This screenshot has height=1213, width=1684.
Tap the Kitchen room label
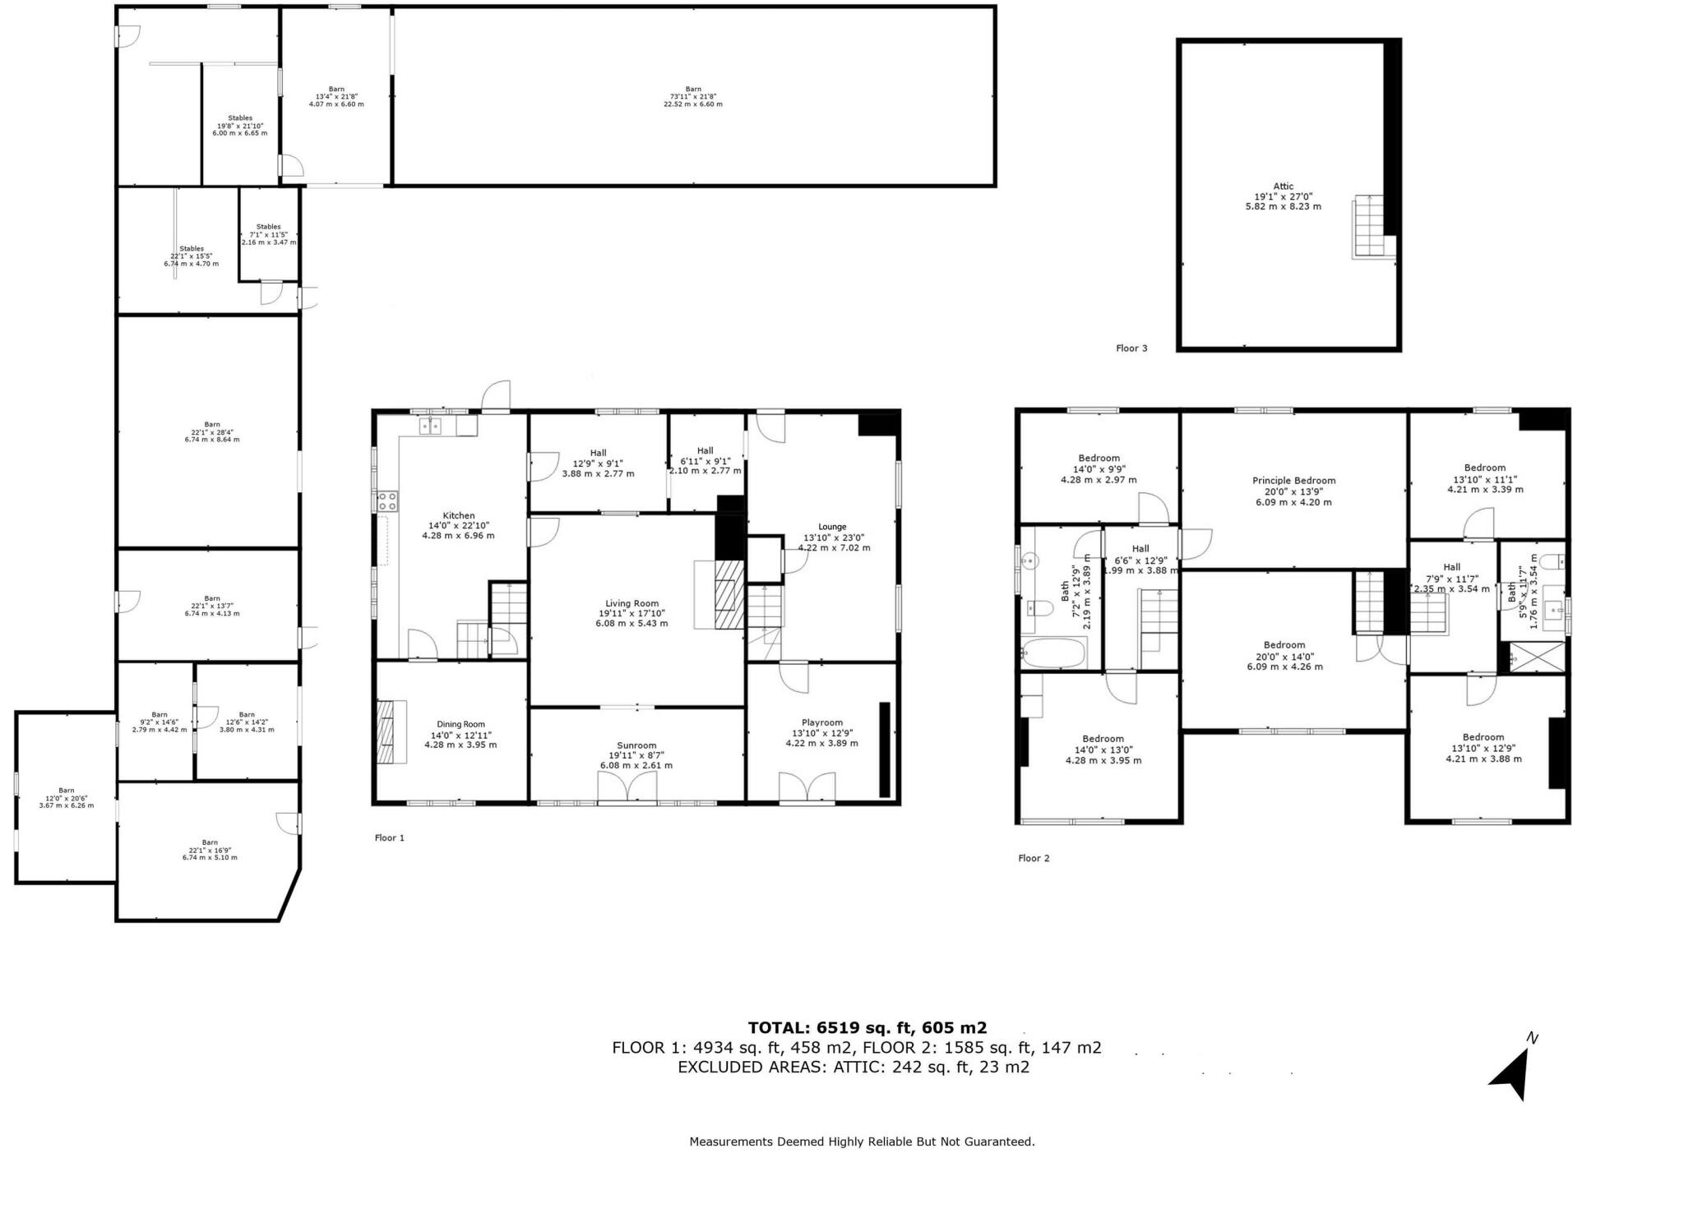tap(458, 516)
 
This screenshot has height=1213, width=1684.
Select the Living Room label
tap(632, 603)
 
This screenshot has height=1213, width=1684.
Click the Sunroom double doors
tap(627, 788)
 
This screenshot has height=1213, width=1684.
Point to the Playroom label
tap(821, 722)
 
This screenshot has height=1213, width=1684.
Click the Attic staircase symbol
tap(1370, 227)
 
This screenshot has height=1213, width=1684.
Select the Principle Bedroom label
tap(1293, 481)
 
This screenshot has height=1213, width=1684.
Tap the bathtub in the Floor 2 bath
tap(1053, 654)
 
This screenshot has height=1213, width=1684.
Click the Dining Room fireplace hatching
tap(386, 731)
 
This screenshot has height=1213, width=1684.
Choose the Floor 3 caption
tap(1131, 348)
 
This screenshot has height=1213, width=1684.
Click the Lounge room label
tap(832, 527)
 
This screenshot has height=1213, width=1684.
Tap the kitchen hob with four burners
tap(388, 500)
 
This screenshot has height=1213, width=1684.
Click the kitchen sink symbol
tap(430, 426)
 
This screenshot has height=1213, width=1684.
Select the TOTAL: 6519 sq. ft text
tap(867, 1027)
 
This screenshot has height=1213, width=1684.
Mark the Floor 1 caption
tap(390, 837)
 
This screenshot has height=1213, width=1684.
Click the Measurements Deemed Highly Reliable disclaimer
tap(862, 1142)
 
